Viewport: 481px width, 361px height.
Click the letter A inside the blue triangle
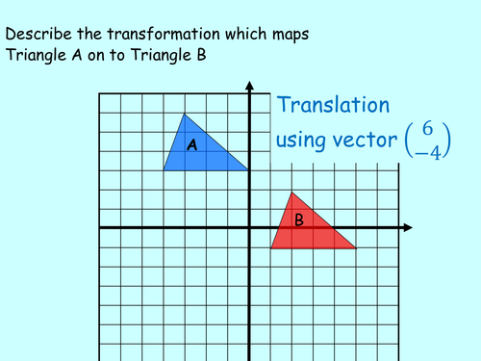pos(191,145)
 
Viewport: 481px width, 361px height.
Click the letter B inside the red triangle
pos(299,220)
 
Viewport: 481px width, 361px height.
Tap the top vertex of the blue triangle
pos(185,114)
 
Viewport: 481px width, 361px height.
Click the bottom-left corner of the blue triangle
pos(164,170)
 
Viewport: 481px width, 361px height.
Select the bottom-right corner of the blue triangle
pos(249,170)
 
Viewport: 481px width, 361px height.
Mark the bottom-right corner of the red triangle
pos(356,248)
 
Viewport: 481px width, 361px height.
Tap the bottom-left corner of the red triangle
pos(270,248)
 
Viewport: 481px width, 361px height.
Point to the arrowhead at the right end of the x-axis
pos(410,228)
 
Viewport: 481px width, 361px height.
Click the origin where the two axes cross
pos(249,228)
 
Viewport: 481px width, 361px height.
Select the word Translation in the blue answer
pos(334,106)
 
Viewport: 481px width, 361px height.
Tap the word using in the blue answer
pos(301,141)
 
